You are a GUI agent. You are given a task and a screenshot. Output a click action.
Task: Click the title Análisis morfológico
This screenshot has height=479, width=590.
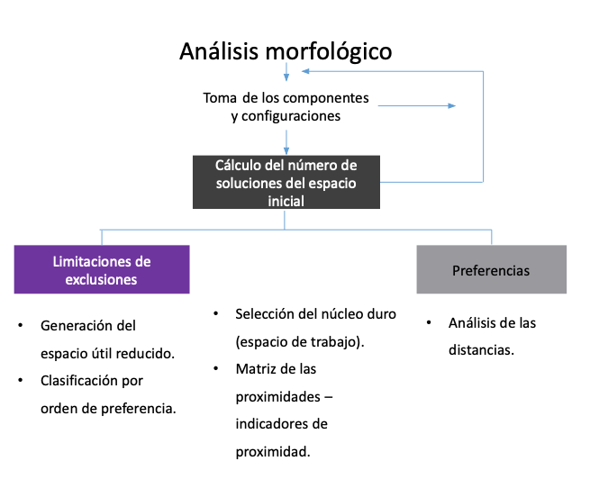[x=286, y=50]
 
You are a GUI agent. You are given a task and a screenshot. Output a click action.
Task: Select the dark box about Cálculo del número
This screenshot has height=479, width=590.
[x=286, y=183]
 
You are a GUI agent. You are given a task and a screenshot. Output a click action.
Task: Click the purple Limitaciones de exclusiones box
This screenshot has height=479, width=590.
[x=102, y=269]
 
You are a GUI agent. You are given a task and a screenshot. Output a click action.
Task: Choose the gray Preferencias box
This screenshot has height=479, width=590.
[x=491, y=269]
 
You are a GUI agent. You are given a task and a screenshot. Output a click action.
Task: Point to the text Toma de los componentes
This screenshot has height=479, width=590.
[x=286, y=97]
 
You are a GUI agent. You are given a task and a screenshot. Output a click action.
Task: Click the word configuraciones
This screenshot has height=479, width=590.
[x=286, y=116]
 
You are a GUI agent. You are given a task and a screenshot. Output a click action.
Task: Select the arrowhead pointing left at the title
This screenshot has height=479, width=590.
[x=305, y=70]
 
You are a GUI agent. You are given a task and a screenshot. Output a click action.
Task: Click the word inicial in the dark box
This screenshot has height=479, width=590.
[x=286, y=201]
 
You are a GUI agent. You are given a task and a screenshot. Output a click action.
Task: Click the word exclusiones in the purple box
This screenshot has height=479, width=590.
[x=101, y=279]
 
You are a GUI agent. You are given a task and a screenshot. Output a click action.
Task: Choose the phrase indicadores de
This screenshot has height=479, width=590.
[x=281, y=423]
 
